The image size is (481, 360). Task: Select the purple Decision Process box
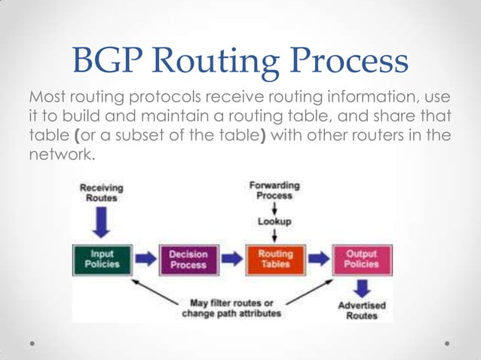pos(188,260)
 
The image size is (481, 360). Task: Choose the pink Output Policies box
pos(361,260)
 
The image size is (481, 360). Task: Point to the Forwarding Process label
pos(274,190)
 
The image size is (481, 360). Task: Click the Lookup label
pos(274,222)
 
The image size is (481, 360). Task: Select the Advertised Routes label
pos(361,311)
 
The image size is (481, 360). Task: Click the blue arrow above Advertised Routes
pos(361,288)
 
